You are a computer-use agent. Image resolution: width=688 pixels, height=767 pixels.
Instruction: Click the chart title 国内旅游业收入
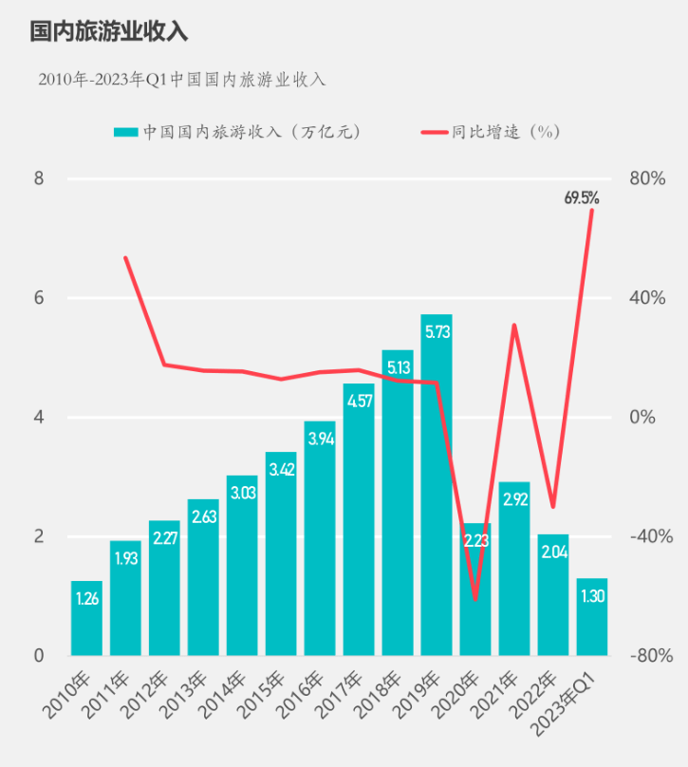pos(108,31)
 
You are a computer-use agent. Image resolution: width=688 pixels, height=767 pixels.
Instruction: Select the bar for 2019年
pos(437,484)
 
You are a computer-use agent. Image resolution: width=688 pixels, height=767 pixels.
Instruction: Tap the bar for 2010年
pos(86,617)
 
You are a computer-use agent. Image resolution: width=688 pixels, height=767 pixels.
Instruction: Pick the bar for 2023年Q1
pos(592,617)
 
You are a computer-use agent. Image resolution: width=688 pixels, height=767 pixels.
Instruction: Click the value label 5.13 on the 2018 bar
pos(398,366)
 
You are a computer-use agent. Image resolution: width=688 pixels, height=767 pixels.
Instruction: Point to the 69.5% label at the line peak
pos(581,198)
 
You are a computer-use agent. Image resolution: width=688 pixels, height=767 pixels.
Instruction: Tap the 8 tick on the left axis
pos(40,178)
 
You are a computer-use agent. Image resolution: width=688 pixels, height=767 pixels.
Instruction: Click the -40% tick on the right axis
pos(652,536)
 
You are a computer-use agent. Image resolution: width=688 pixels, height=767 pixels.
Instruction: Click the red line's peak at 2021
pos(514,325)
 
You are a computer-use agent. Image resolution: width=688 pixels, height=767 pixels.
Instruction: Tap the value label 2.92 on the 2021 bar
pos(514,499)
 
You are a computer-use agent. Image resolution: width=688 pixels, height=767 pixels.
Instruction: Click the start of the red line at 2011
pos(125,257)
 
